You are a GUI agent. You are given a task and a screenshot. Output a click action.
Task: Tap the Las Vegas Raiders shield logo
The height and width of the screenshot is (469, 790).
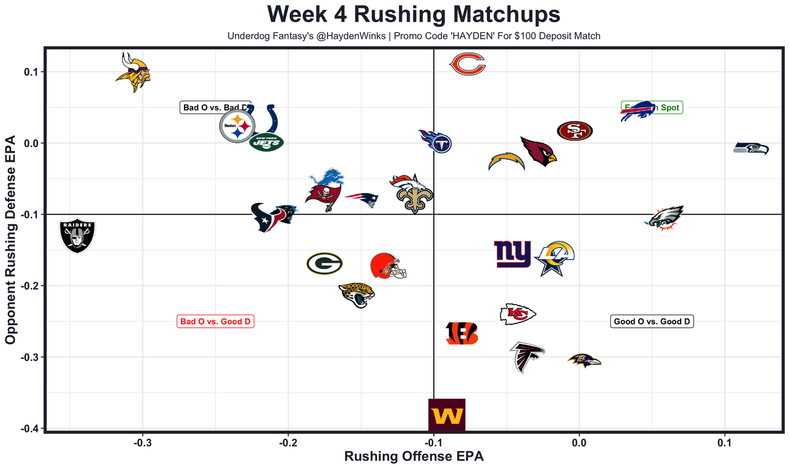(x=77, y=236)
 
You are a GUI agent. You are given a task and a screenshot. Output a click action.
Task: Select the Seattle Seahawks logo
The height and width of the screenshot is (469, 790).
(x=751, y=148)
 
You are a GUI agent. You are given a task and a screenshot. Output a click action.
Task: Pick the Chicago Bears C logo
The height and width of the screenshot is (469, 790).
(x=467, y=64)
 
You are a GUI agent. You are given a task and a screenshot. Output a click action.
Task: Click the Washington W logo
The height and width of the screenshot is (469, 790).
(x=446, y=415)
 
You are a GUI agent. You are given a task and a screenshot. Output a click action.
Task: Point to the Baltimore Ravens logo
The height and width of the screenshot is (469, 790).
(x=583, y=360)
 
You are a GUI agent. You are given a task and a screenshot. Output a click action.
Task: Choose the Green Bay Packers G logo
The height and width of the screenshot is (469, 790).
(x=325, y=264)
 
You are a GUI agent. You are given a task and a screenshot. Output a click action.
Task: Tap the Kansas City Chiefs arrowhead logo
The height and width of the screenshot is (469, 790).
(x=517, y=314)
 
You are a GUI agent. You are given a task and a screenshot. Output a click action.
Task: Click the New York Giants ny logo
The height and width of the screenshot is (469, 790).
(x=512, y=254)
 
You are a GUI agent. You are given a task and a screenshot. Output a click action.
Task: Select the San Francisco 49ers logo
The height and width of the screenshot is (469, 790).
(x=575, y=130)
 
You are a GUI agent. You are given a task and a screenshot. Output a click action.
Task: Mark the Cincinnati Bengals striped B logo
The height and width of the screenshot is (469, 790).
(x=462, y=333)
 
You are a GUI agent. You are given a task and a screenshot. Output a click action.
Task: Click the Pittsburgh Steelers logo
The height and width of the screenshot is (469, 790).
(x=237, y=127)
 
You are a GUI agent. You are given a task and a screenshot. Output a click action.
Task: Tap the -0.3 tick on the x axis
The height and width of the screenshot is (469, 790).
(x=143, y=442)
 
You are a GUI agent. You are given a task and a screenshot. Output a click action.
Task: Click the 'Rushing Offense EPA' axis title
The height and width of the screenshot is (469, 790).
(x=414, y=457)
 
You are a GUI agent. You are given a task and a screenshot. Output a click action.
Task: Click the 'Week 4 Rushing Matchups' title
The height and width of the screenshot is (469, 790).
(x=414, y=15)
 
